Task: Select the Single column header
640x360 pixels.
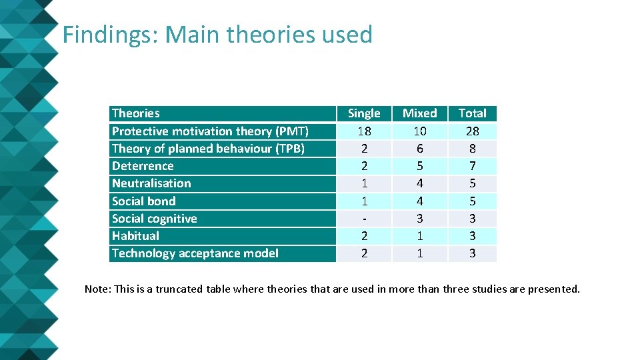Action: point(364,113)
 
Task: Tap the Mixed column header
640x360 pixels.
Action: point(420,113)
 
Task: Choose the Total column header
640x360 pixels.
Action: point(473,113)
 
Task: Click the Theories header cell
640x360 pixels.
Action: point(136,113)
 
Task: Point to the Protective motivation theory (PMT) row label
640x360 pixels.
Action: point(210,131)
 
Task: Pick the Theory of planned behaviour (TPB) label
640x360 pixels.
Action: point(208,149)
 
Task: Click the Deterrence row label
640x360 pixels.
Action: point(143,166)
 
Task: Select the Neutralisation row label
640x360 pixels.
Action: point(151,183)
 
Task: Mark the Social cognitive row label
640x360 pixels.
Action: point(155,218)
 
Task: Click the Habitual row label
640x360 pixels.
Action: point(135,235)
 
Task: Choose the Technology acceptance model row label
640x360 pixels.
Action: point(195,253)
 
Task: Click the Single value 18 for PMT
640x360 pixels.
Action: point(364,131)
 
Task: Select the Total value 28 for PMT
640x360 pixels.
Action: point(473,131)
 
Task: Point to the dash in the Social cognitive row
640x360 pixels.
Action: point(364,218)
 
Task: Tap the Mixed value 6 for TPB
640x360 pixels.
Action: point(420,149)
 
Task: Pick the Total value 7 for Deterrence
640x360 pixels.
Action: point(473,166)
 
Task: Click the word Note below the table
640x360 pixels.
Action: point(97,289)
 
